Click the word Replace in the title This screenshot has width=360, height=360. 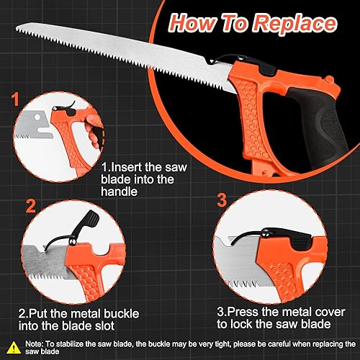[296, 24]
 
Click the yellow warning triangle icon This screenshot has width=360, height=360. [14, 348]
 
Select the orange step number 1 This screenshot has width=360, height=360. [15, 99]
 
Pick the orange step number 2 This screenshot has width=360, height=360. [30, 206]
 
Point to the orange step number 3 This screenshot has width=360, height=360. [222, 200]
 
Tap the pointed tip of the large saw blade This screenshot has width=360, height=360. [17, 29]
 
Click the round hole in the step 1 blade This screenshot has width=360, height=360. [37, 117]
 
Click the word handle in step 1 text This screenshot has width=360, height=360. [120, 192]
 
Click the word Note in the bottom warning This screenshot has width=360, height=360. [34, 344]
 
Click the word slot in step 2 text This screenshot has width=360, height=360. [104, 325]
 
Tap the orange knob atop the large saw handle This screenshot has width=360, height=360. [329, 79]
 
